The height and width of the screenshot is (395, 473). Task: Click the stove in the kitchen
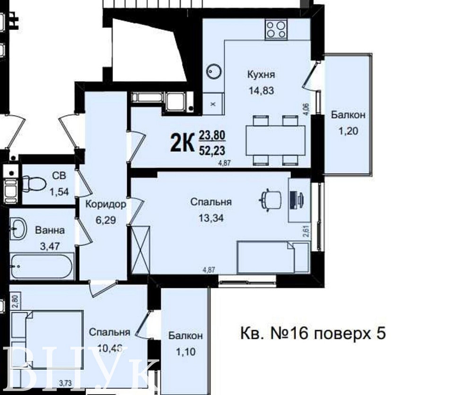pyautogui.click(x=276, y=29)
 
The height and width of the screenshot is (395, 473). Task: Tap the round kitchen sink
pyautogui.click(x=214, y=72)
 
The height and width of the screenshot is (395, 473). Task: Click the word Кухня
pyautogui.click(x=261, y=75)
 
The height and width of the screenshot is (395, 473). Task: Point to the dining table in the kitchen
pyautogui.click(x=275, y=140)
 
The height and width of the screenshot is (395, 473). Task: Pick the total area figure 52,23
pyautogui.click(x=212, y=151)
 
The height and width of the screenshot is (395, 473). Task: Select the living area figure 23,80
pyautogui.click(x=212, y=137)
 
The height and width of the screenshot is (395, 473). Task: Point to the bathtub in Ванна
pyautogui.click(x=42, y=267)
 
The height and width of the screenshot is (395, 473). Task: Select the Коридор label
pyautogui.click(x=105, y=205)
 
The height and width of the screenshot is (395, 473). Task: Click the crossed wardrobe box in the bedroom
pyautogui.click(x=140, y=250)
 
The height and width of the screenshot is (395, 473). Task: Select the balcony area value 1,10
pyautogui.click(x=185, y=352)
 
